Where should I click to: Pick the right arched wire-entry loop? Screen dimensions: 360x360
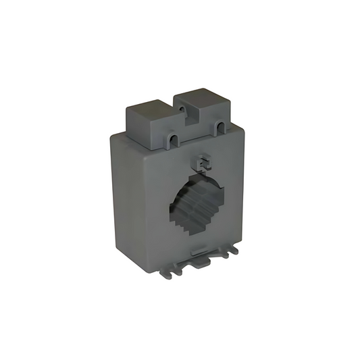coord(221,127)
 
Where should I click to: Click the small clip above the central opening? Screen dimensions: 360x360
coord(201,163)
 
